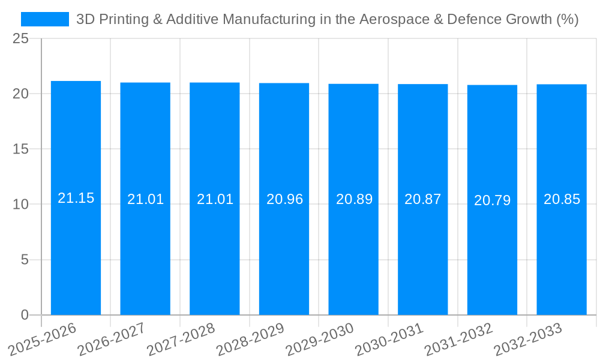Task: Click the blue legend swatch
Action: tap(45, 19)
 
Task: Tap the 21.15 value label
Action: tap(76, 198)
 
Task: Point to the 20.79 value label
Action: tap(492, 200)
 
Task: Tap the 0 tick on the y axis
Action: tap(25, 314)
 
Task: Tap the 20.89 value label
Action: tap(354, 199)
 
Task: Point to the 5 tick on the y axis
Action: tap(25, 260)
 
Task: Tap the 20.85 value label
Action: tap(562, 199)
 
